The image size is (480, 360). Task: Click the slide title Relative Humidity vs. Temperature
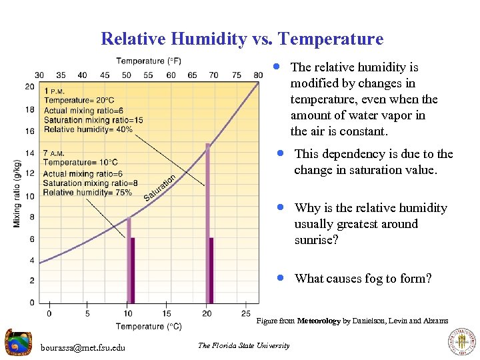point(242,39)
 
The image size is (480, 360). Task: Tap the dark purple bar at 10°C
point(133,270)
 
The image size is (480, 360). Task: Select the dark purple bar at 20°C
point(211,270)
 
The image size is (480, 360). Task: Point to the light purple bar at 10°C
point(129,260)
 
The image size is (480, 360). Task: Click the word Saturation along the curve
point(160,188)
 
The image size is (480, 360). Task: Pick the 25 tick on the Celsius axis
point(246,313)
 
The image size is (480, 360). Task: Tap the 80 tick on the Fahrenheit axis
point(258,75)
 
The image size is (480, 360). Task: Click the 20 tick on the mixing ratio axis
point(30,87)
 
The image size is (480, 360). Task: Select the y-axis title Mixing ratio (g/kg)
point(17,193)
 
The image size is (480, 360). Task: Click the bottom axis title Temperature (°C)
point(148,326)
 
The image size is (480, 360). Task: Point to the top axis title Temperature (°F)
point(149,61)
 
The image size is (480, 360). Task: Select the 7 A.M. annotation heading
point(53,153)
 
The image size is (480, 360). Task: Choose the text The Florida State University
point(243,345)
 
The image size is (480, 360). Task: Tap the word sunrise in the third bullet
point(317,240)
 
